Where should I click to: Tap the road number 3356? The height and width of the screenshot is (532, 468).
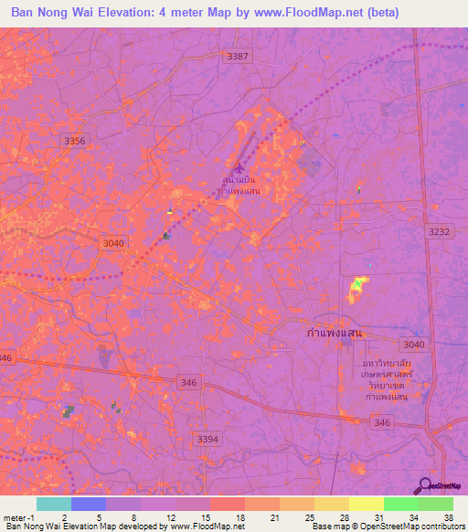(x=75, y=140)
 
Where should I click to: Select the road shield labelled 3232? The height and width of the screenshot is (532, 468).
(x=440, y=232)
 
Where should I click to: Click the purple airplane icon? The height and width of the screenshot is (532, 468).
(x=239, y=167)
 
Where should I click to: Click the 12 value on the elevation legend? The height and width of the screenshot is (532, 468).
(x=172, y=516)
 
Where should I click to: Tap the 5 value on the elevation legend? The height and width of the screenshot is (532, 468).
(x=100, y=516)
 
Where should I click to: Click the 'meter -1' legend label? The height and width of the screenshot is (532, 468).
(x=20, y=516)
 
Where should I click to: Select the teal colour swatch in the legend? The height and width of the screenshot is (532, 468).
(x=53, y=504)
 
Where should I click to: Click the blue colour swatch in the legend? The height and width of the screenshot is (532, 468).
(x=88, y=504)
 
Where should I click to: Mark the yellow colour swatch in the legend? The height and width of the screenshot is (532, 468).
(x=366, y=504)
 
